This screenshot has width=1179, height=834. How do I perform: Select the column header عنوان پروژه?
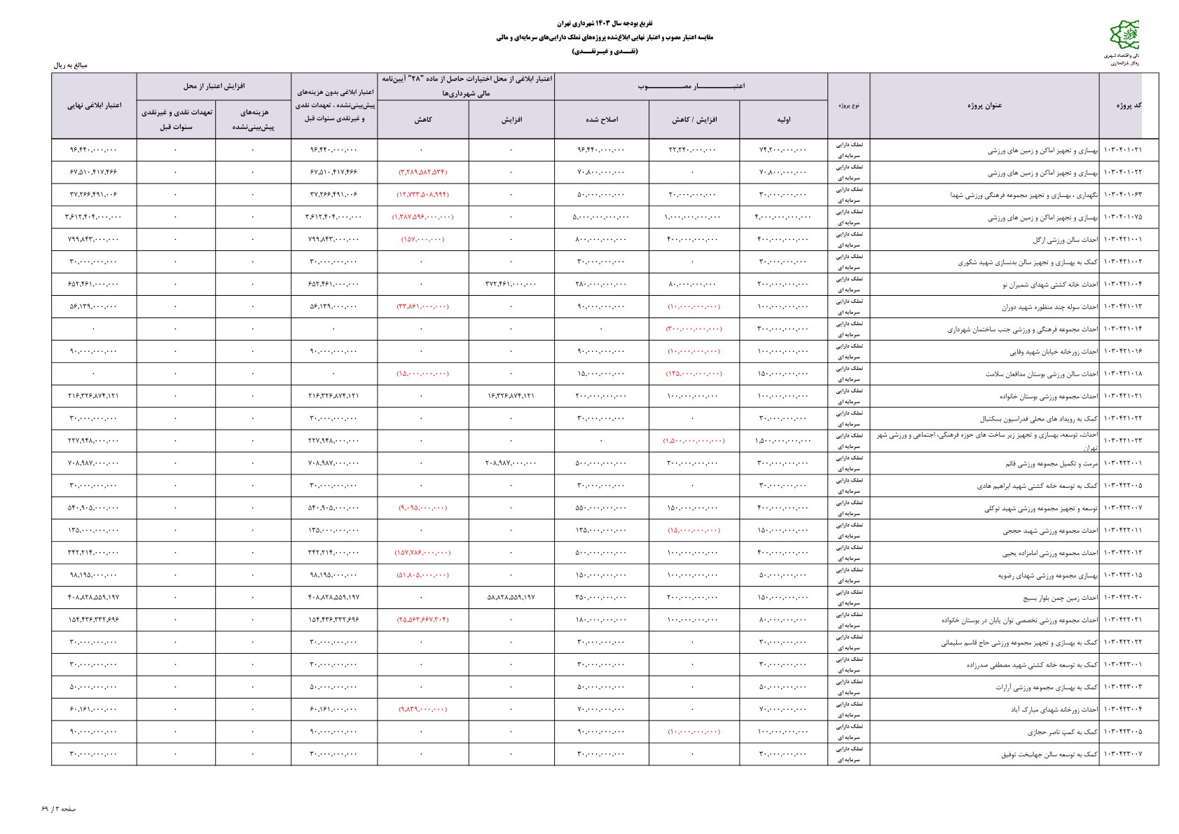click(984, 105)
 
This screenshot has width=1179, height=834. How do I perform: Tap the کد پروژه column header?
click(1128, 105)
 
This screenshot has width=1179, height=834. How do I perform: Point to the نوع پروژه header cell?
click(848, 105)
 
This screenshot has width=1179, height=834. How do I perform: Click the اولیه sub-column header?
click(783, 120)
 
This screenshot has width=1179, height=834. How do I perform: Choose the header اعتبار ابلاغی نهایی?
click(94, 105)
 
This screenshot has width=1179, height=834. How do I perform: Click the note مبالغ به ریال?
click(70, 65)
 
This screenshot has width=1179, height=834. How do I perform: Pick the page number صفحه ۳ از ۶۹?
click(59, 809)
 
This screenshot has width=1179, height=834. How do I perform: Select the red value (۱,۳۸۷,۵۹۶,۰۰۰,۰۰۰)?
click(422, 217)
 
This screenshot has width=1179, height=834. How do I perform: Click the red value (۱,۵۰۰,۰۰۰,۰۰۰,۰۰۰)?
click(694, 441)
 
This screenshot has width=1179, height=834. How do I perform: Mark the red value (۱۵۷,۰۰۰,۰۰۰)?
click(422, 240)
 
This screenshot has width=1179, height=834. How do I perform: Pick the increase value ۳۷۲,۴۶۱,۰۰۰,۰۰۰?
click(511, 284)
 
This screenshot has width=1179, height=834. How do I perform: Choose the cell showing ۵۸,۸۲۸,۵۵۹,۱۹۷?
click(511, 597)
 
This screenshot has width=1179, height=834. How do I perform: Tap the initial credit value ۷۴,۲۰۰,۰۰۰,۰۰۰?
click(782, 150)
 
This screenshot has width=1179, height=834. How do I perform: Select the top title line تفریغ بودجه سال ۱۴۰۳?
click(604, 24)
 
